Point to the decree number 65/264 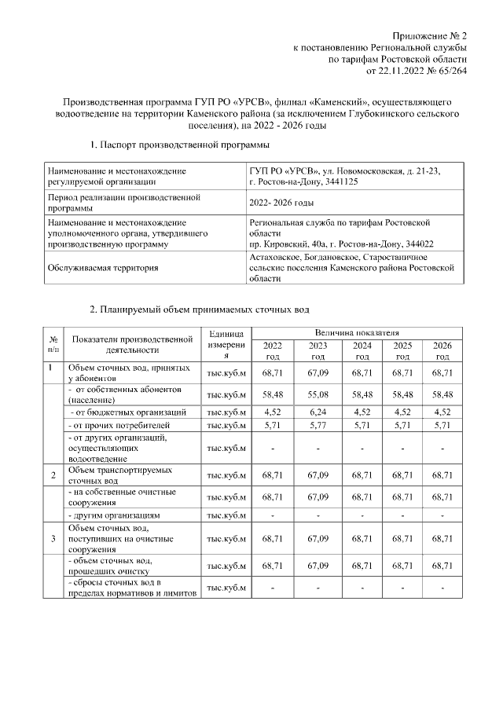(450, 70)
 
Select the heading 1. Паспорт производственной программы (180, 145)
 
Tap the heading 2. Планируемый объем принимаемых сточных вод (200, 310)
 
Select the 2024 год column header (362, 350)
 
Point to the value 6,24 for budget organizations (318, 412)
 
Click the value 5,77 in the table (318, 426)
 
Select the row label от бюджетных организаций (129, 412)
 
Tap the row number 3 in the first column (53, 539)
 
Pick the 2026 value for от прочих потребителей (443, 426)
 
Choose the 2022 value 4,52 (273, 412)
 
